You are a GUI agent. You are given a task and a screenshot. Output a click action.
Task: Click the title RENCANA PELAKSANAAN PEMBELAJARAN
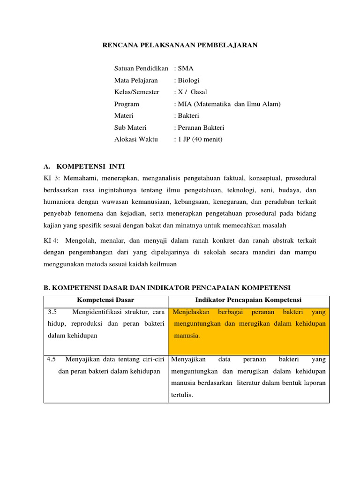click(x=180, y=45)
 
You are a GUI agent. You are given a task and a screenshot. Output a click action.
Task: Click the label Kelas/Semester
click(x=136, y=92)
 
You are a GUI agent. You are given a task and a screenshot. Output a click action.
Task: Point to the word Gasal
click(x=199, y=92)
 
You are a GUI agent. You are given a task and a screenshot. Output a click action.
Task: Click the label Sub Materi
click(x=130, y=127)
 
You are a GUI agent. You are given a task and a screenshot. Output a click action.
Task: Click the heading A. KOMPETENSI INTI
click(x=84, y=166)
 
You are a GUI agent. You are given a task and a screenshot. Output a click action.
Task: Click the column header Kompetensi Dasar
click(x=105, y=300)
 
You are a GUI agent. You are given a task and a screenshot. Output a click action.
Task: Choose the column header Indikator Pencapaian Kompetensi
click(x=248, y=300)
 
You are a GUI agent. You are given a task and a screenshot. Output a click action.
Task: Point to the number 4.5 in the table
click(x=52, y=360)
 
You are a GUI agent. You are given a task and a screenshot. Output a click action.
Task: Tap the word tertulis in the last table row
click(x=182, y=395)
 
